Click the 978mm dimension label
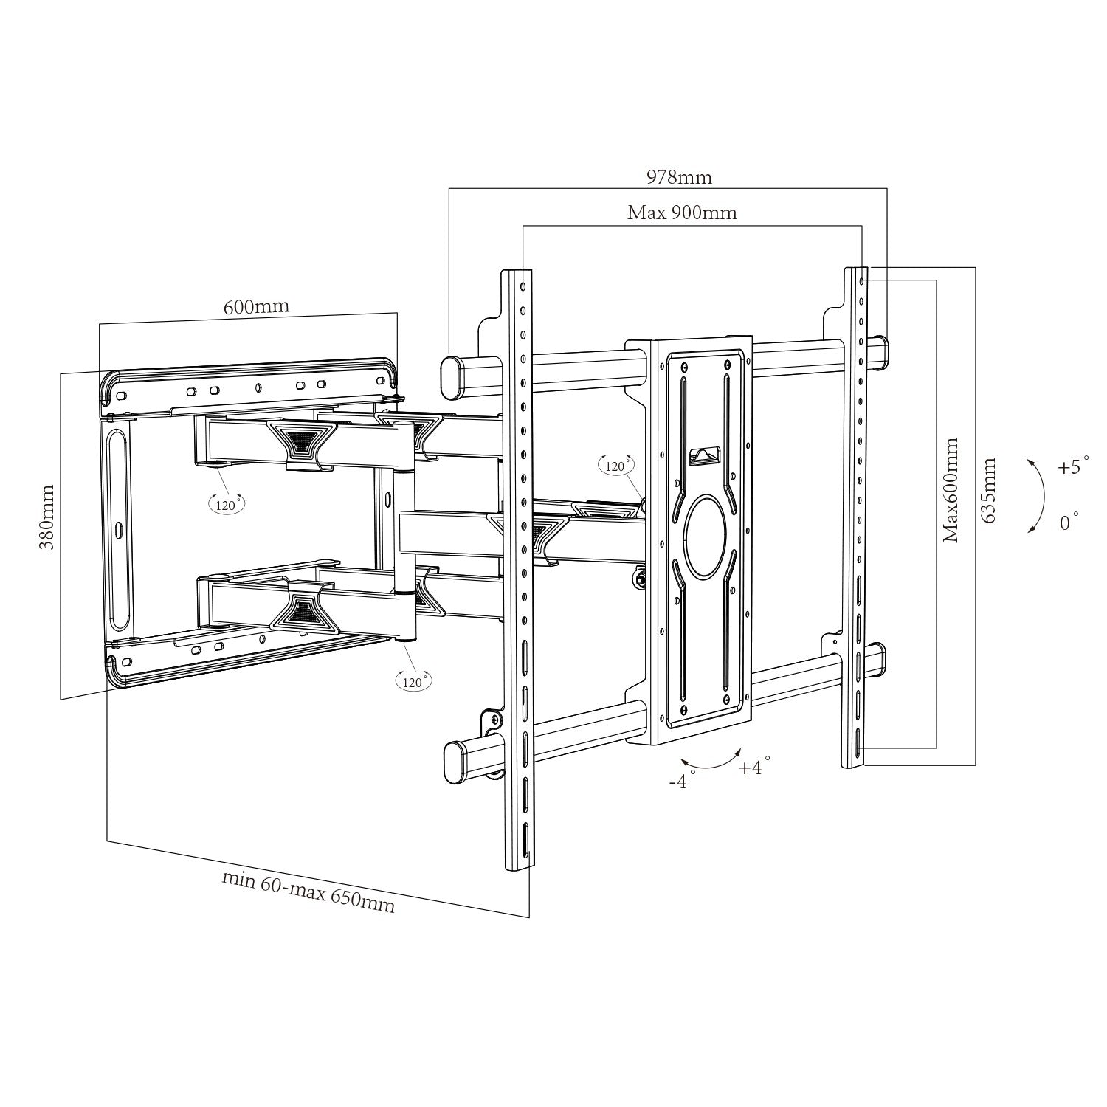tap(679, 177)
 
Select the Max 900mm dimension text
tap(682, 213)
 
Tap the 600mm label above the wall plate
tap(256, 306)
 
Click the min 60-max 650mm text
tap(308, 892)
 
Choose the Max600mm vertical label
tap(951, 489)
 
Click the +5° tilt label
tap(1073, 467)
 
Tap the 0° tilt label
tap(1069, 523)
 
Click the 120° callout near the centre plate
tap(615, 466)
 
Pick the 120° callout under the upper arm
tap(226, 505)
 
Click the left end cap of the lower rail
tap(454, 762)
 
